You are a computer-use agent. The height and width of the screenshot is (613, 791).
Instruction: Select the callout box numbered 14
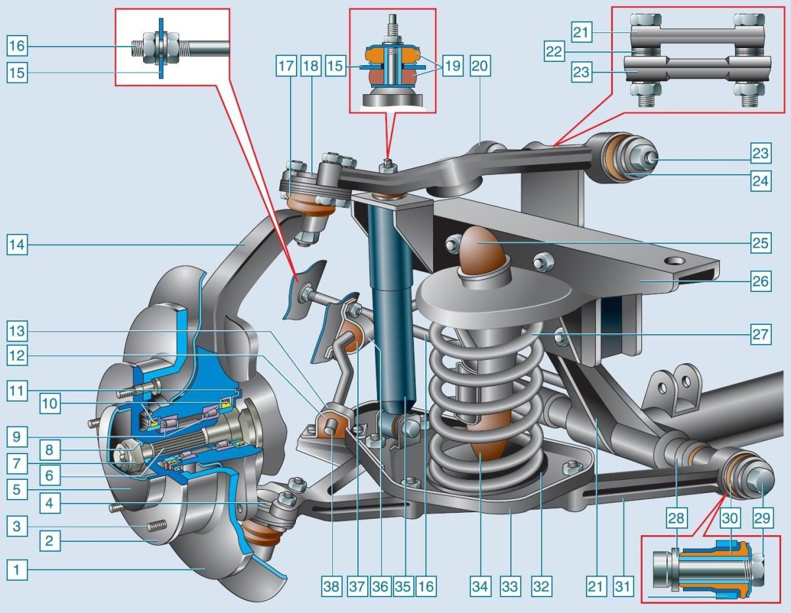(x=17, y=245)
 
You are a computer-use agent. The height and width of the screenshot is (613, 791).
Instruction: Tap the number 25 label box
(x=761, y=243)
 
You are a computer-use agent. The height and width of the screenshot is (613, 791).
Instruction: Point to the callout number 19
(x=452, y=67)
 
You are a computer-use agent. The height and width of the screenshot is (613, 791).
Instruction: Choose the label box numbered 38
(x=332, y=587)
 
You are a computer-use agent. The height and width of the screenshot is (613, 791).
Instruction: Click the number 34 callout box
(x=480, y=587)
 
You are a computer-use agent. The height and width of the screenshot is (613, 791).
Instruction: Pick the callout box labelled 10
(x=50, y=403)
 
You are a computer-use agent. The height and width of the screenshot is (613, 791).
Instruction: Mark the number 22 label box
(x=554, y=51)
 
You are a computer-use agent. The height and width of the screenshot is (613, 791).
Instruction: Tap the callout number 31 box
(x=622, y=587)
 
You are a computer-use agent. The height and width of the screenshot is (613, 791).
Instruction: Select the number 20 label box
(x=480, y=67)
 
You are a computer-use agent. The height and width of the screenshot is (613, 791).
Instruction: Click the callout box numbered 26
(x=761, y=281)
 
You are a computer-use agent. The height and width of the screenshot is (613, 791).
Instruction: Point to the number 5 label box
(x=17, y=489)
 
